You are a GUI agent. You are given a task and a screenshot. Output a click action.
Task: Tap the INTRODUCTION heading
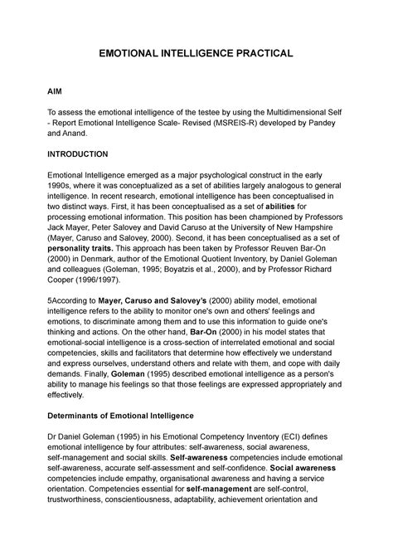pyautogui.click(x=90, y=154)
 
